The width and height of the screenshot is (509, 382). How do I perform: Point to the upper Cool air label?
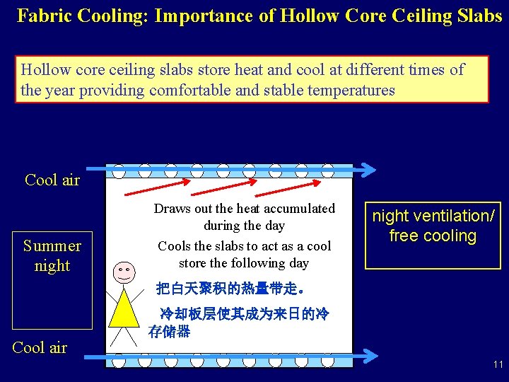click(x=52, y=180)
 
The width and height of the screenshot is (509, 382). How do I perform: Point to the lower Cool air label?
click(x=40, y=347)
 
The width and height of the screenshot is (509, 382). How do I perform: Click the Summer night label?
click(x=52, y=255)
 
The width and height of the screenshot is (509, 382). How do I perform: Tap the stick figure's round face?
click(x=124, y=271)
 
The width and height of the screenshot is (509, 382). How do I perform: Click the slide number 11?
click(x=498, y=365)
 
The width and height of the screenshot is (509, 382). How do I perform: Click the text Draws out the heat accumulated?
click(x=245, y=209)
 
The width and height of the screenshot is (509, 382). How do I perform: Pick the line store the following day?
click(x=244, y=263)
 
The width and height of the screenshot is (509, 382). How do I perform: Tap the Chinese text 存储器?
click(x=170, y=331)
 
